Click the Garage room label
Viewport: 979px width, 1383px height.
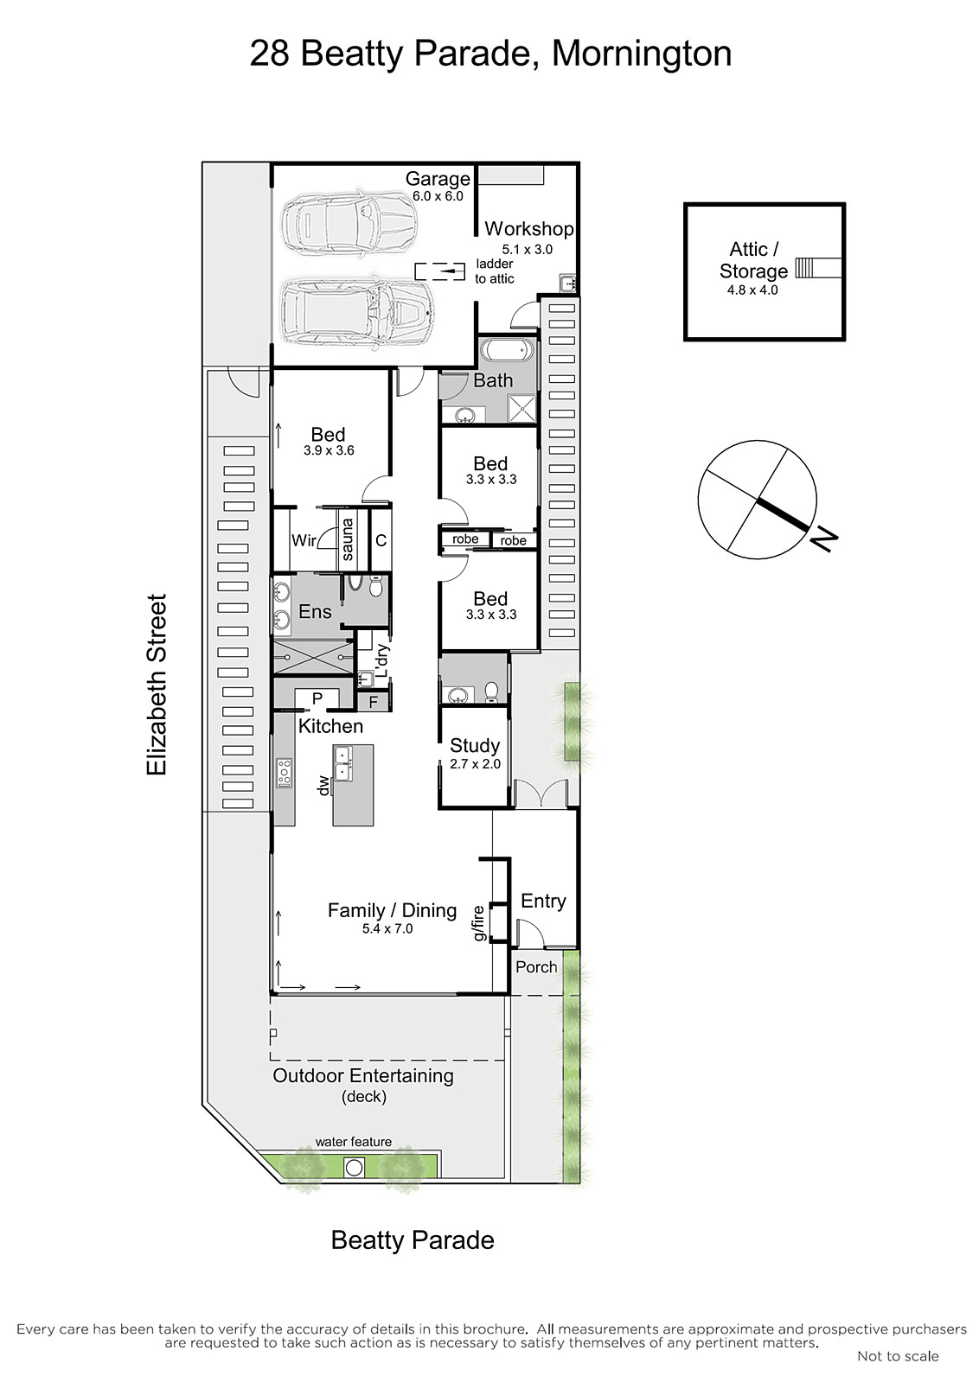[x=438, y=179]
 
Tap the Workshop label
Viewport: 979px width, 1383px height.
[x=529, y=228]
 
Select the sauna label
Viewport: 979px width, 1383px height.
[x=347, y=539]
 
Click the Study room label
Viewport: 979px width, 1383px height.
[x=475, y=746]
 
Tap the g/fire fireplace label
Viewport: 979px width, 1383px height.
[x=478, y=922]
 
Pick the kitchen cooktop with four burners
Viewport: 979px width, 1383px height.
[x=285, y=773]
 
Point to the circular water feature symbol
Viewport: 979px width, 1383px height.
[x=354, y=1168]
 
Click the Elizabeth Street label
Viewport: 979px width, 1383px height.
[x=157, y=685]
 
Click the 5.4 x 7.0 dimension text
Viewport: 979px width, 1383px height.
[x=388, y=928]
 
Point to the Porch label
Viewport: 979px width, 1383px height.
[x=536, y=967]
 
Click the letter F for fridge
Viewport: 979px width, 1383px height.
[x=373, y=702]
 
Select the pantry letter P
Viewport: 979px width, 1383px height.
[x=317, y=699]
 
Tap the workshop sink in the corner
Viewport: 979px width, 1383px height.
[x=568, y=284]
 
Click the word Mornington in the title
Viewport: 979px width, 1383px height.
[x=642, y=54]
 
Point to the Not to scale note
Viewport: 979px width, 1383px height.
[x=898, y=1356]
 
